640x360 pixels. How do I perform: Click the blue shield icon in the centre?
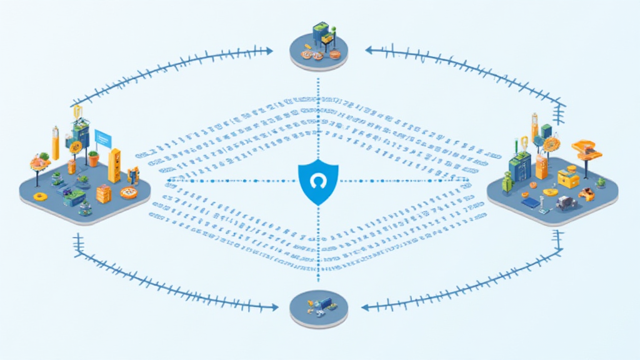319,182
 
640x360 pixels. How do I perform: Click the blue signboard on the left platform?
102,137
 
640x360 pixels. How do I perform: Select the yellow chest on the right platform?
568,179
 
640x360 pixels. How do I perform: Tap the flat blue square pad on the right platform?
530,202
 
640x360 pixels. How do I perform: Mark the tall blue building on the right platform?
520,169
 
